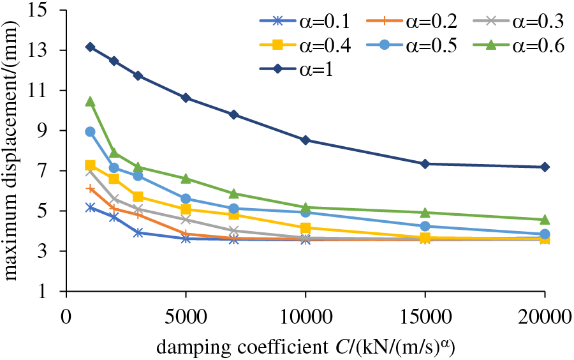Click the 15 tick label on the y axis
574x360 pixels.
point(47,11)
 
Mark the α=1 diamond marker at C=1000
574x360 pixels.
point(90,47)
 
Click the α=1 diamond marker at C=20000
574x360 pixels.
point(545,167)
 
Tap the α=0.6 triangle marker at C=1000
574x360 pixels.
point(90,101)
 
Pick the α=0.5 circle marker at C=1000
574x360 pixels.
point(90,131)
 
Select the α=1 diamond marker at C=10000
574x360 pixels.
point(305,140)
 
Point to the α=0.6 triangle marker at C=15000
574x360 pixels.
point(425,212)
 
